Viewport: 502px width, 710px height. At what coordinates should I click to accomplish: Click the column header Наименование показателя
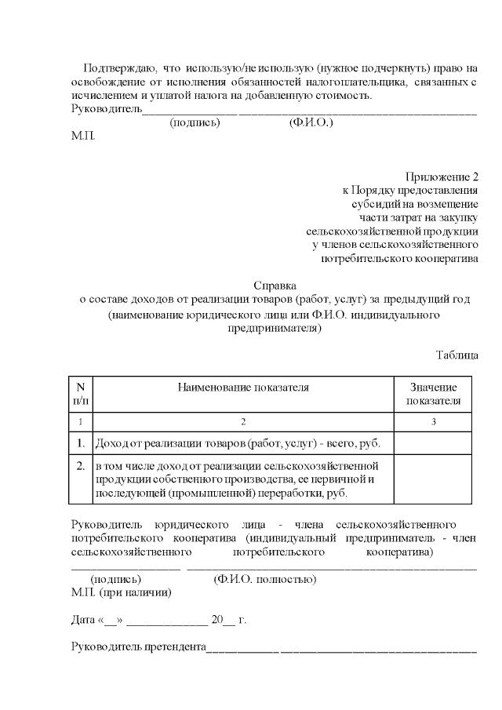[243, 387]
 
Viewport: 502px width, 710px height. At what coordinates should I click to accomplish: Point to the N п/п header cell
[80, 394]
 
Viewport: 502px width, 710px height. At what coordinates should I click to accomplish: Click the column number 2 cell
[243, 422]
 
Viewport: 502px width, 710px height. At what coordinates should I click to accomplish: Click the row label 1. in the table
[80, 445]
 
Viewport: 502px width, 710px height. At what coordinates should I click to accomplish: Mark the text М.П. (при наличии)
[121, 592]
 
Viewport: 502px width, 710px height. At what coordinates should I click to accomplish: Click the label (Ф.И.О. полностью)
[264, 580]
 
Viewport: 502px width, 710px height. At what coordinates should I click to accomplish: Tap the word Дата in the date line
[83, 620]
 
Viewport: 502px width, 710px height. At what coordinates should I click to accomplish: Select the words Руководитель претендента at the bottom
[138, 647]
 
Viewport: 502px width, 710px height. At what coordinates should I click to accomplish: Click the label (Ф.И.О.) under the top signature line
[311, 123]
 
